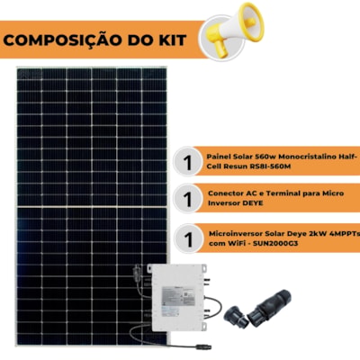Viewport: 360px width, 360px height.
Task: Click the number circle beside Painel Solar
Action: click(188, 162)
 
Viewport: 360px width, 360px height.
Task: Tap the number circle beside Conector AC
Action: click(188, 199)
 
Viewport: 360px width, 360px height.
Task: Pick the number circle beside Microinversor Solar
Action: click(189, 239)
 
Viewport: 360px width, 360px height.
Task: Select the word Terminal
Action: click(279, 193)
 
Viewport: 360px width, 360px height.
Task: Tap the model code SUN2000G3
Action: click(275, 243)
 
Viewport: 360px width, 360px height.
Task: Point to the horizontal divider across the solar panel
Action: click(92, 207)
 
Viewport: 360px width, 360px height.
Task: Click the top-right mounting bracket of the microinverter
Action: click(203, 267)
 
